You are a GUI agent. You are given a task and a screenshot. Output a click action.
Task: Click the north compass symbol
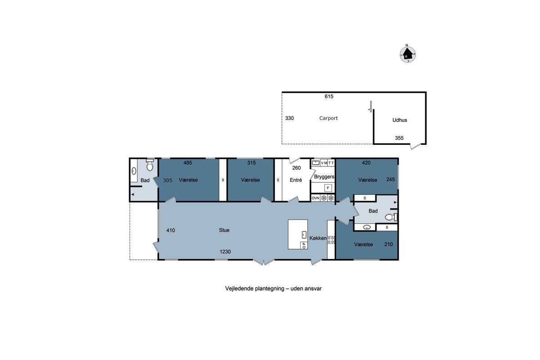coord(407,54)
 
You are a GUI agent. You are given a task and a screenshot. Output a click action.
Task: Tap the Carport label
coord(328,118)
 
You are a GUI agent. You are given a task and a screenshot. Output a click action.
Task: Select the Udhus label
coord(400,120)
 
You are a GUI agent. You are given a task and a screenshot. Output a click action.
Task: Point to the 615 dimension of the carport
coord(329,96)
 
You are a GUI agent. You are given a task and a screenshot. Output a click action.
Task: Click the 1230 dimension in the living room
coord(225,252)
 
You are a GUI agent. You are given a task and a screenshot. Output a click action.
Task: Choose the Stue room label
coord(224,230)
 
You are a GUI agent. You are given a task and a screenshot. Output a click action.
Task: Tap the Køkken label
coord(318,238)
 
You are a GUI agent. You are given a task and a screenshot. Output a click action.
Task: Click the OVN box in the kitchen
coord(315,198)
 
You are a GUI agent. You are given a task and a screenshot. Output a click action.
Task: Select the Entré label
coord(296,180)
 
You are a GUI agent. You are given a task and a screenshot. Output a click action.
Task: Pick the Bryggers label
coord(324,177)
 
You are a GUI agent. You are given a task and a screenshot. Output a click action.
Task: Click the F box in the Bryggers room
coord(328,188)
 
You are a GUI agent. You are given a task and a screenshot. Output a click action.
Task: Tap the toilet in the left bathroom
coord(150,165)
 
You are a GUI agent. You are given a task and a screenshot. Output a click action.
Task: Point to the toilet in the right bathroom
coord(391,217)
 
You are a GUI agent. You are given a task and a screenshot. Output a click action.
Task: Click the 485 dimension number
coord(188,163)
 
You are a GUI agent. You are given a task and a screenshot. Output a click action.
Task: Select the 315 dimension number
coord(251,163)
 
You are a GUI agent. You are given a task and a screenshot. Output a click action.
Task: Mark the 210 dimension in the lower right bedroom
coord(388,244)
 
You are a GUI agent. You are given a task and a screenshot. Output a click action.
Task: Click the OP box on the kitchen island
coord(304,245)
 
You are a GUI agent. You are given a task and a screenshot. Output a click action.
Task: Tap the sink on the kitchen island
coord(304,234)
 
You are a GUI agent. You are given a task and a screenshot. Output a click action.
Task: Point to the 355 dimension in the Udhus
coord(399,138)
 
